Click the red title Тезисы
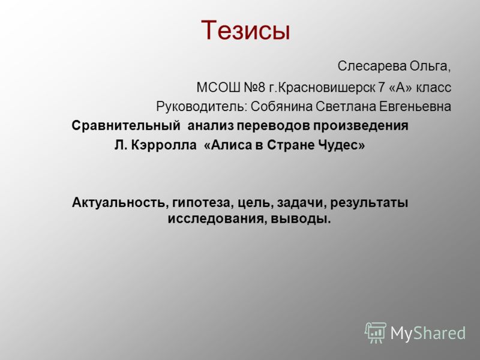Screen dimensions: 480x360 click(x=245, y=31)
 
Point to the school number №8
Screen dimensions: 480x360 click(x=254, y=88)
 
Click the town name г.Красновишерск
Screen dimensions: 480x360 click(x=322, y=88)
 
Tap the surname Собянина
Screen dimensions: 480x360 click(x=281, y=107)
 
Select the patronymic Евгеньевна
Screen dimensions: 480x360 click(x=415, y=107)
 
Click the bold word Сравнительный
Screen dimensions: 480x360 click(x=126, y=125)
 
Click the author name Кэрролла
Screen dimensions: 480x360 click(x=164, y=145)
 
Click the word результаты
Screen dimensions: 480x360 click(x=369, y=203)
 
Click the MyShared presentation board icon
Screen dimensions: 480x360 click(x=375, y=332)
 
